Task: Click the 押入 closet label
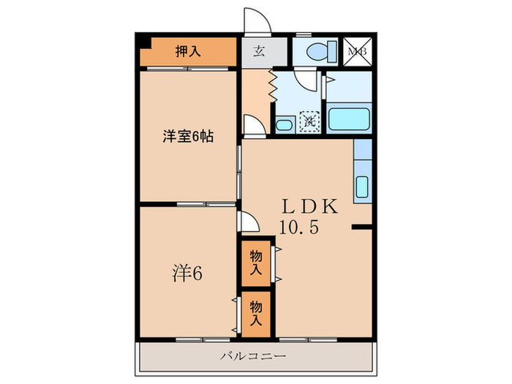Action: pyautogui.click(x=188, y=51)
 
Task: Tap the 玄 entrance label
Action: pyautogui.click(x=260, y=51)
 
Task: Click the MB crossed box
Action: pyautogui.click(x=358, y=51)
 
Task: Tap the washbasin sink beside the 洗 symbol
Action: pyautogui.click(x=286, y=124)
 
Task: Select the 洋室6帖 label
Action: pyautogui.click(x=188, y=136)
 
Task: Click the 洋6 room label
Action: pyautogui.click(x=187, y=274)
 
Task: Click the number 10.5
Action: pyautogui.click(x=298, y=227)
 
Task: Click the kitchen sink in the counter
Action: pyautogui.click(x=361, y=187)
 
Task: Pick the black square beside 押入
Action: pyautogui.click(x=144, y=42)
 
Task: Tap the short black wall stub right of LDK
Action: pyautogui.click(x=361, y=228)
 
